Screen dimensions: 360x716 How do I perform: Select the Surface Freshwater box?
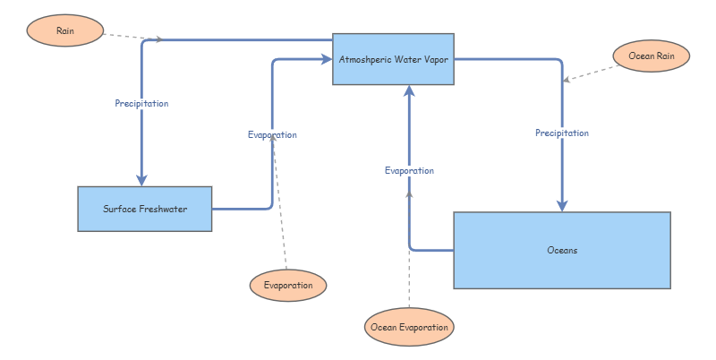[x=144, y=209]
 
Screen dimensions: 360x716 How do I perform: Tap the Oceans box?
[x=562, y=250]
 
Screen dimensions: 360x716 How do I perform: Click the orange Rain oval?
[x=65, y=30]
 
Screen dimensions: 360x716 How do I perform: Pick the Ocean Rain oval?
[x=652, y=56]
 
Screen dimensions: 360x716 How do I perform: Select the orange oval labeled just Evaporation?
[x=288, y=285]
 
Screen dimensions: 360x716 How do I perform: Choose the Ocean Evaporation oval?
[x=409, y=328]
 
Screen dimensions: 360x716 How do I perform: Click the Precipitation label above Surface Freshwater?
[x=141, y=104]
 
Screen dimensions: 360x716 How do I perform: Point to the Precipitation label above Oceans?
[x=562, y=133]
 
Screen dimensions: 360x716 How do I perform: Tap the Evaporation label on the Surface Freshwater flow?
[x=272, y=135]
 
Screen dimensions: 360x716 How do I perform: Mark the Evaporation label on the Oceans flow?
[x=409, y=170]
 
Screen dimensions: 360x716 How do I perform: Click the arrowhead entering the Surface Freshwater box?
[x=141, y=180]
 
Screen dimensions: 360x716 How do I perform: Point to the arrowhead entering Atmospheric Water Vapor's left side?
[x=326, y=59]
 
